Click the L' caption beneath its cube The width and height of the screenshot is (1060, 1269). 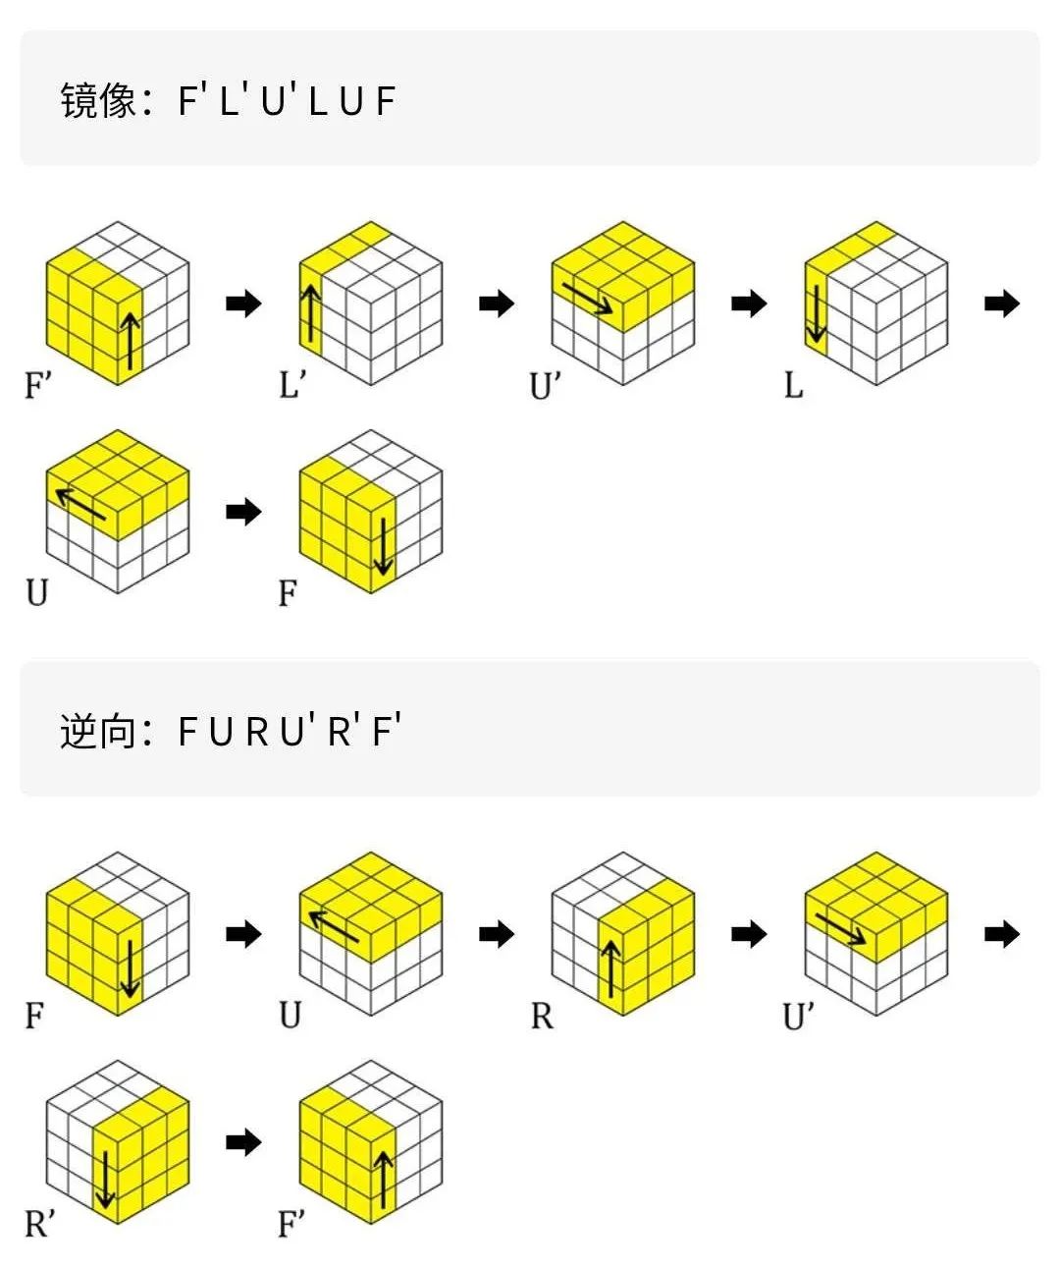point(291,384)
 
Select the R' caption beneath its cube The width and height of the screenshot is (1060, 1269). point(39,1224)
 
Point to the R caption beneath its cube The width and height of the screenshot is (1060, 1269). point(542,1016)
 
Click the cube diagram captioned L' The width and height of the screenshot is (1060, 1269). point(370,303)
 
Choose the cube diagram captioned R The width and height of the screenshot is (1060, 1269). point(623,933)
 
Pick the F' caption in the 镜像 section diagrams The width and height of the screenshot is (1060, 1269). point(37,385)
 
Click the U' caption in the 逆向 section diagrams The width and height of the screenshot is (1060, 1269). point(798,1016)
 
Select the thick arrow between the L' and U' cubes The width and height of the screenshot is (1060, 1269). point(497,303)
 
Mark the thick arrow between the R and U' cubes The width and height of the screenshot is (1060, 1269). point(749,933)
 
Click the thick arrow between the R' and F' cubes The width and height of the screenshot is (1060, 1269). point(243,1141)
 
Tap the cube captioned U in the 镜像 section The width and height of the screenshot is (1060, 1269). point(117,511)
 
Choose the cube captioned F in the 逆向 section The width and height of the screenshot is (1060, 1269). point(117,933)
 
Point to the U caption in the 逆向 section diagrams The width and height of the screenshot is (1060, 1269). point(290,1015)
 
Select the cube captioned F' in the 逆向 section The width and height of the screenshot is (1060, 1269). point(370,1141)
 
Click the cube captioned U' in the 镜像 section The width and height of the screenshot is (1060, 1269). point(623,303)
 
